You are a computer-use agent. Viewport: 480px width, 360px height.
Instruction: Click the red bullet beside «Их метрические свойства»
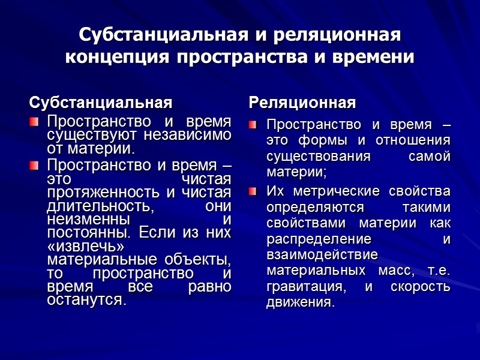pos(253,192)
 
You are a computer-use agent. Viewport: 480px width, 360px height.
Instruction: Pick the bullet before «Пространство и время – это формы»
pos(253,126)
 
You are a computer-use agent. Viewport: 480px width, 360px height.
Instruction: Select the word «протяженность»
pos(99,193)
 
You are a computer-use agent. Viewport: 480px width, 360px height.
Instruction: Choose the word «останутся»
pos(86,299)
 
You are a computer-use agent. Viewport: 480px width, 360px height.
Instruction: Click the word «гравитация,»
pos(305,287)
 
